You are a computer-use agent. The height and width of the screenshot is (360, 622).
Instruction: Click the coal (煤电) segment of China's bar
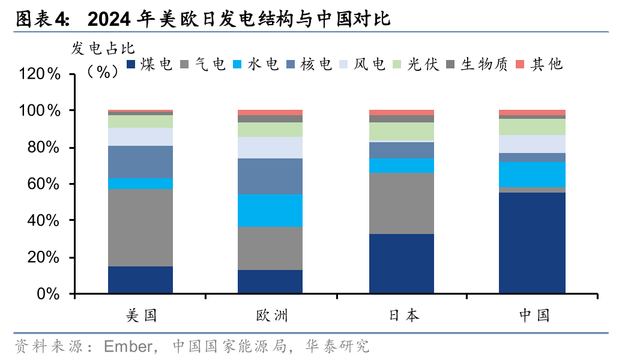(x=532, y=243)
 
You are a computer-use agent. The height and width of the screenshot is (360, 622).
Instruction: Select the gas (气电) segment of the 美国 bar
(x=140, y=228)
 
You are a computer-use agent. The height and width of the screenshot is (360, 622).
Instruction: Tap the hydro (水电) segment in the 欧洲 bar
(x=270, y=210)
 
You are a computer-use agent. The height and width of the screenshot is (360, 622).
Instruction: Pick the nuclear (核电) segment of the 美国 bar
(x=140, y=162)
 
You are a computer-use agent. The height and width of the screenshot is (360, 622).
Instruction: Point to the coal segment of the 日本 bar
(x=401, y=264)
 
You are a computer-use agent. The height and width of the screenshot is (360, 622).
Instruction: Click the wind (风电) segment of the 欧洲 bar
(x=270, y=148)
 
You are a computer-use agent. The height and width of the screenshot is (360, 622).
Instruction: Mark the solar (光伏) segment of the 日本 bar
(x=401, y=131)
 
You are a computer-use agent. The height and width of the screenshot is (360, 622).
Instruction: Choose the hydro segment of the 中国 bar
(x=532, y=174)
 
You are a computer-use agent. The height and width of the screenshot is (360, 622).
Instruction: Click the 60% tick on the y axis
(x=44, y=184)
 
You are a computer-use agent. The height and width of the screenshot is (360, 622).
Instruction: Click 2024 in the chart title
(x=107, y=20)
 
